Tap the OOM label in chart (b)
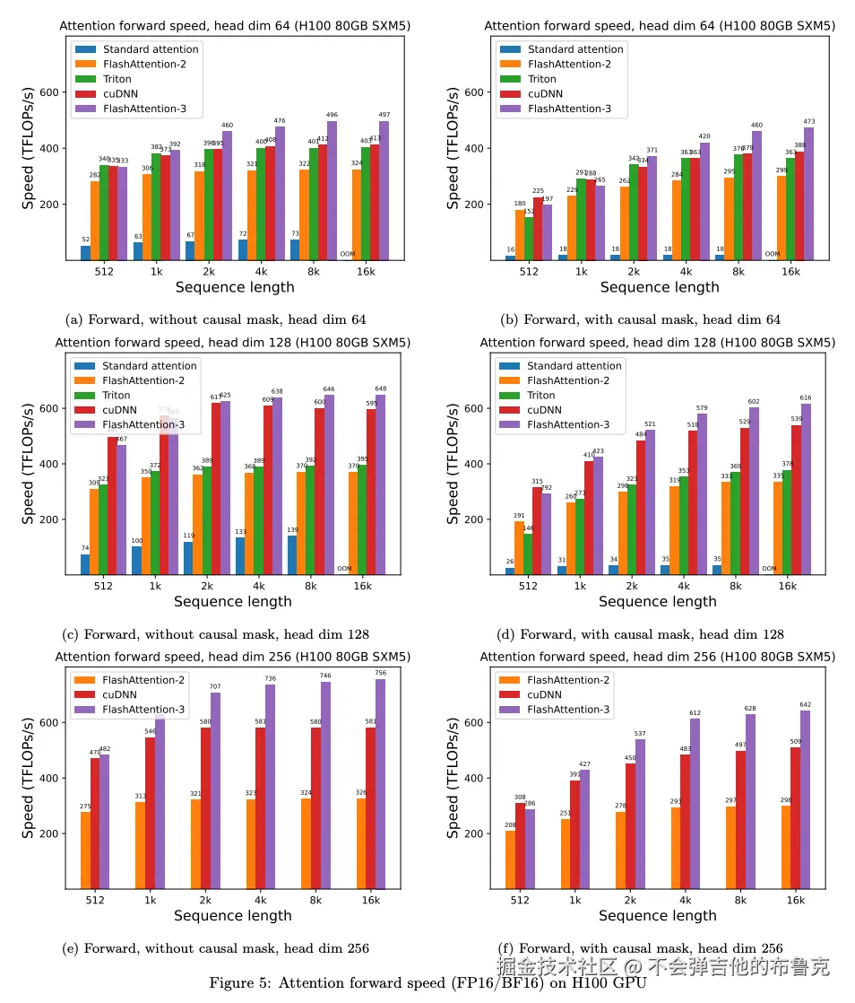772,254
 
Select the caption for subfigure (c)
215,634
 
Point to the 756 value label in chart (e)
381,673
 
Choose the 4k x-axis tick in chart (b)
686,271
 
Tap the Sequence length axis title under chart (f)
657,916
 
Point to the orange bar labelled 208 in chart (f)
510,859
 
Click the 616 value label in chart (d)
806,397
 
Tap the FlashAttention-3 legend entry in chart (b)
569,109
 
